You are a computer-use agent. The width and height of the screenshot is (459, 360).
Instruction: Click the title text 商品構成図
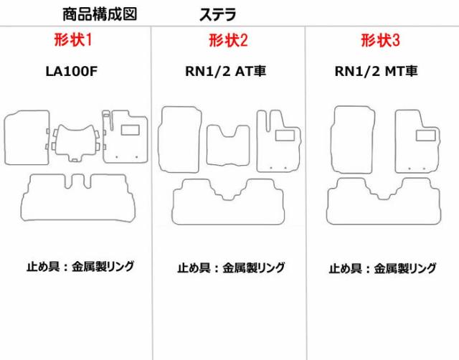(100, 14)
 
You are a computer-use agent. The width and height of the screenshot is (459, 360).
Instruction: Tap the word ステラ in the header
(217, 14)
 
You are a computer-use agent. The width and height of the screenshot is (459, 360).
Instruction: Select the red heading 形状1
(73, 40)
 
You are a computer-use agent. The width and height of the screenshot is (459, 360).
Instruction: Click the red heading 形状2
(228, 40)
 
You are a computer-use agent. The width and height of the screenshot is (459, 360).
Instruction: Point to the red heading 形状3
(380, 40)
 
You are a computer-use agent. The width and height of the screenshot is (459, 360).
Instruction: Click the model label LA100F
(71, 72)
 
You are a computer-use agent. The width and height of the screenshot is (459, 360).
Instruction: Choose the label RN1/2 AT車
(225, 71)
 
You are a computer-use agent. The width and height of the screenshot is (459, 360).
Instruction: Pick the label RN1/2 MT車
(376, 71)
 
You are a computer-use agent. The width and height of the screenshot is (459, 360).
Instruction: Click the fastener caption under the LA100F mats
(80, 266)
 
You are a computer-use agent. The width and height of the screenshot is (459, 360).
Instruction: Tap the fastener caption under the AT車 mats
(231, 267)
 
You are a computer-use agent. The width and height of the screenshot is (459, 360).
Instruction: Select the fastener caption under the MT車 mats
(382, 268)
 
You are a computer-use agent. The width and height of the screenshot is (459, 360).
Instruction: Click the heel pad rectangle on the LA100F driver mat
(130, 130)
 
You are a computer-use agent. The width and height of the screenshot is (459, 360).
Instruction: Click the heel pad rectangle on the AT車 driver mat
(285, 136)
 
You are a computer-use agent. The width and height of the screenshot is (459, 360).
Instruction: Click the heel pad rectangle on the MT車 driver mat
(425, 136)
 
